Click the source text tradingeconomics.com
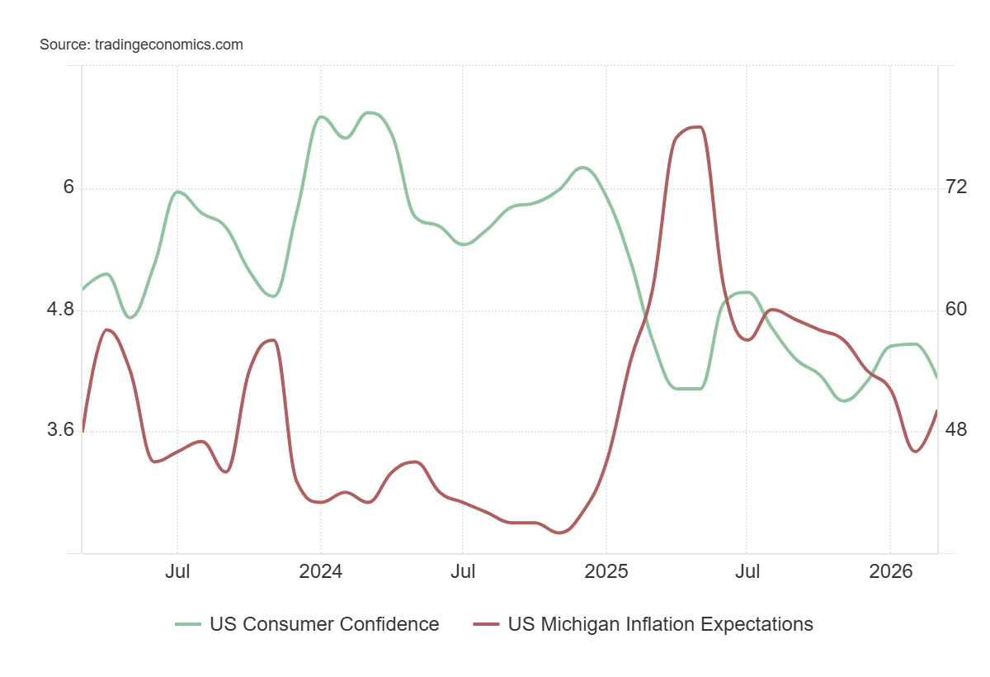[x=141, y=45]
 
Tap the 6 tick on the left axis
[x=68, y=187]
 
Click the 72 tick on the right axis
[x=956, y=187]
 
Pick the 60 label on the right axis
[x=956, y=309]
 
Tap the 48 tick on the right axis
[x=956, y=430]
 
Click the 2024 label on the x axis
[x=320, y=571]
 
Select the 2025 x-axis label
[x=606, y=571]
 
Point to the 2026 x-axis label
[x=890, y=571]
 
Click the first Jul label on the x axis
[x=177, y=571]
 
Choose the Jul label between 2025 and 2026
[x=747, y=571]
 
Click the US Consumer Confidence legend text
[x=324, y=624]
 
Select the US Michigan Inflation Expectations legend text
[x=660, y=624]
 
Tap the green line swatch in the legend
[x=188, y=624]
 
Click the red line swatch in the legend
[x=487, y=624]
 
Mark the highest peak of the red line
[x=699, y=127]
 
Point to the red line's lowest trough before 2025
[x=559, y=533]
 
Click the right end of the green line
[x=937, y=378]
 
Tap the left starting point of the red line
[x=82, y=431]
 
